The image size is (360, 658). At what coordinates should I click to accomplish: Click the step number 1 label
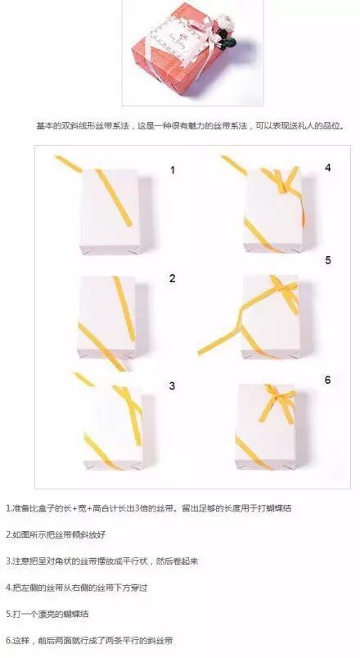click(173, 170)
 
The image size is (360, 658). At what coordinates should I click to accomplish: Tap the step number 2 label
click(173, 278)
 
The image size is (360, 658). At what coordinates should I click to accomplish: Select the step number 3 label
click(172, 386)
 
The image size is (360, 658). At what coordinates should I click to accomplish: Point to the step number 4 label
click(328, 168)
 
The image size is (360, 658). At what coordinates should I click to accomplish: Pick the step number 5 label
click(328, 260)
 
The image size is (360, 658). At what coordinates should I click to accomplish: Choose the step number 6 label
click(328, 381)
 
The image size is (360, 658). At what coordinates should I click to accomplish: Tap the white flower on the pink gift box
click(225, 21)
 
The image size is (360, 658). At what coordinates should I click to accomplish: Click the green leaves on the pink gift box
click(228, 42)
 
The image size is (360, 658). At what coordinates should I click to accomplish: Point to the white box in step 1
click(110, 211)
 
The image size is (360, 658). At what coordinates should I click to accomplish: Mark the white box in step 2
click(107, 318)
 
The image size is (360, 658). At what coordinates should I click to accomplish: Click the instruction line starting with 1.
click(149, 508)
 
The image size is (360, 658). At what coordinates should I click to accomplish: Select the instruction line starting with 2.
click(56, 535)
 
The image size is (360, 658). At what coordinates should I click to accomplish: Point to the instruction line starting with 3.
click(102, 561)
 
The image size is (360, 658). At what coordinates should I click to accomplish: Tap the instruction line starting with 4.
click(77, 588)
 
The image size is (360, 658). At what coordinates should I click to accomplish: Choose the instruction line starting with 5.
click(47, 615)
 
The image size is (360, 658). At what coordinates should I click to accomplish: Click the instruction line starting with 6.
click(89, 641)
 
